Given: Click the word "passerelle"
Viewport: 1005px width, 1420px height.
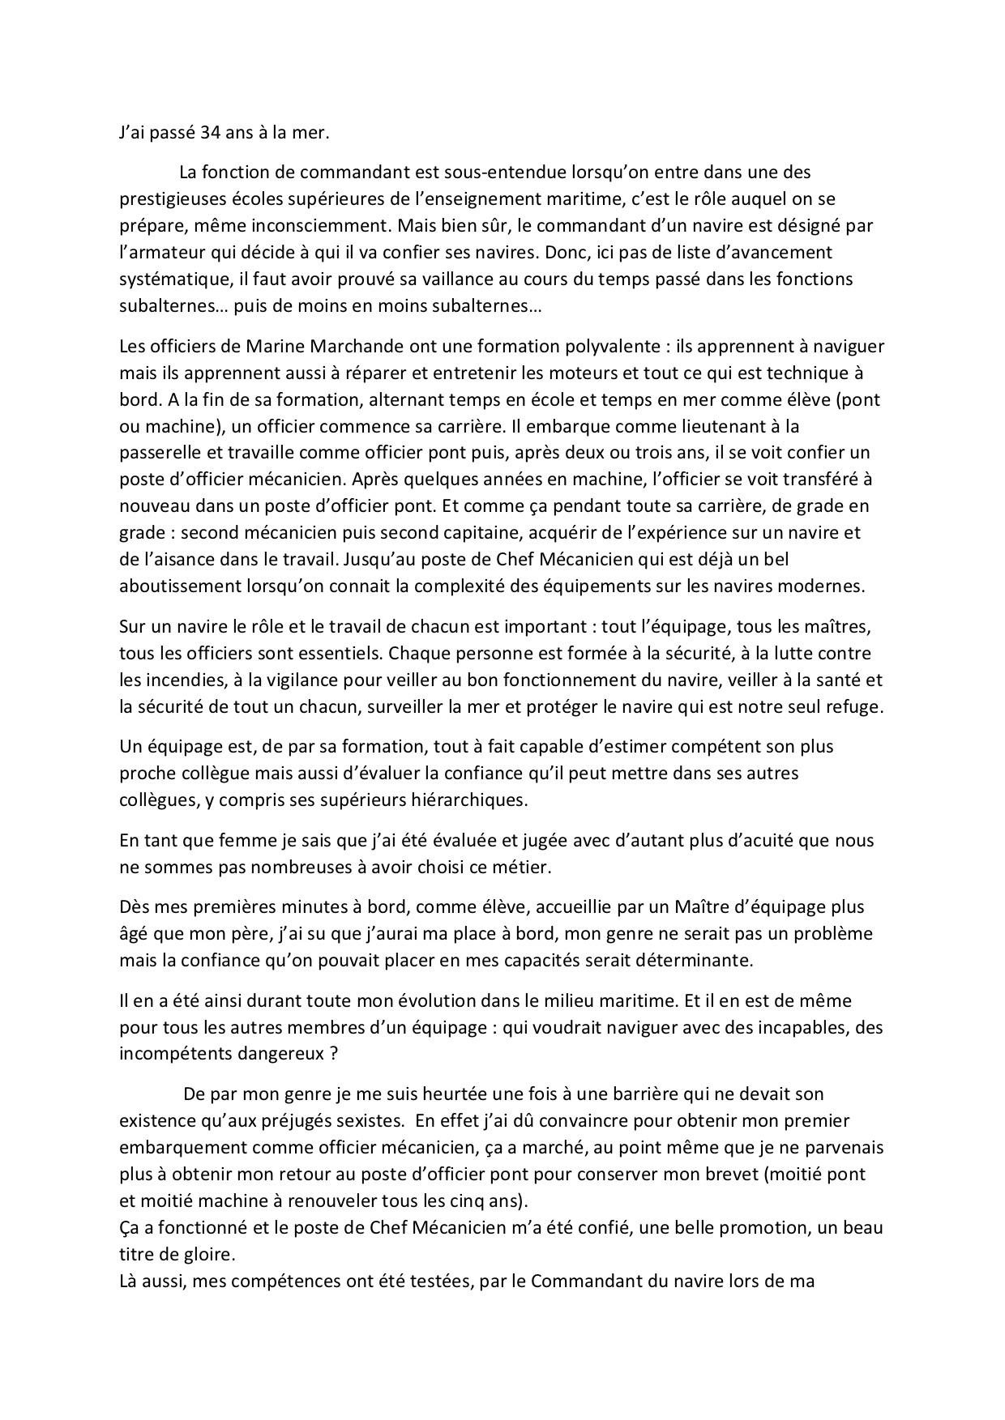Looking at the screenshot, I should (159, 452).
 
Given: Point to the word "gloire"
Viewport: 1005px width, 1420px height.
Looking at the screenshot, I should (187, 1255).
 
